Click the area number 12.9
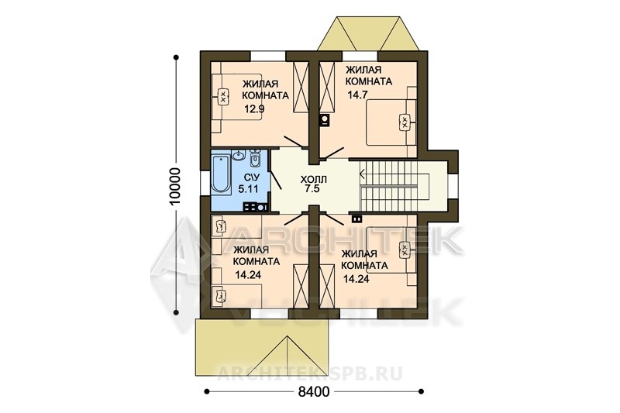[x=254, y=108]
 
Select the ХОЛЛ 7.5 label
[x=314, y=184]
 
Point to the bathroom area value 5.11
[x=248, y=189]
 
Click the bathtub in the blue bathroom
[x=222, y=175]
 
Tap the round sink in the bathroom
[x=239, y=155]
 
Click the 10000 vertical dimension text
[x=174, y=186]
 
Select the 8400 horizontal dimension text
[x=314, y=392]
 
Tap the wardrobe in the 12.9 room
[x=300, y=87]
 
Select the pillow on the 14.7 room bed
[x=405, y=122]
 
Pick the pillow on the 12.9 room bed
[x=222, y=96]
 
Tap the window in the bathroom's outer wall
[x=205, y=184]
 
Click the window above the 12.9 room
[x=269, y=56]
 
